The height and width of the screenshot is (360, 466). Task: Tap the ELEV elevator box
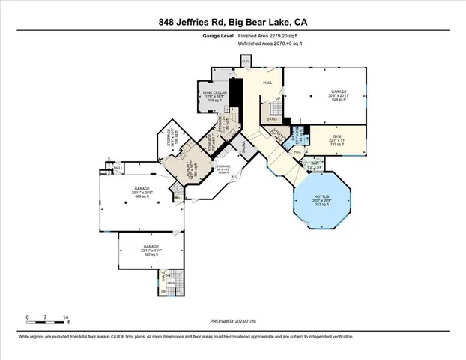coord(245,61)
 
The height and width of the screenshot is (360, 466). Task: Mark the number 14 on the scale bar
coord(66,317)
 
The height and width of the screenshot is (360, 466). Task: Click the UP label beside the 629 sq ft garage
coord(278,98)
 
